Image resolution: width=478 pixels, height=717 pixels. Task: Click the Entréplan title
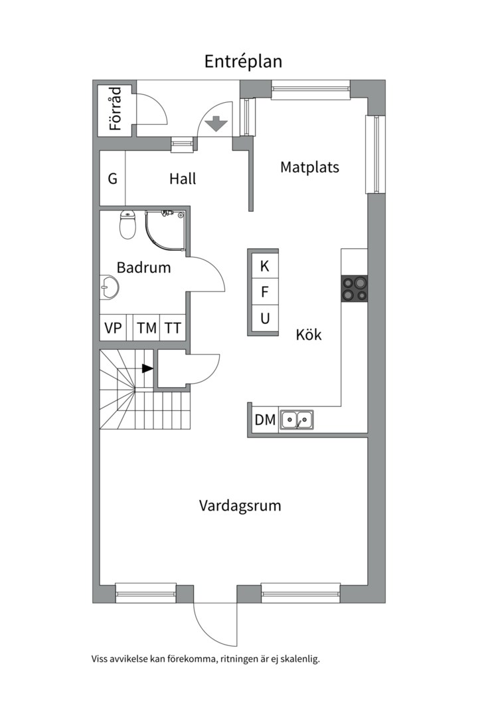point(243,62)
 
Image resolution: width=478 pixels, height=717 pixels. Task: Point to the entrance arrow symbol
point(216,123)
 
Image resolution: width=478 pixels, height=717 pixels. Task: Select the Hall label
point(183,179)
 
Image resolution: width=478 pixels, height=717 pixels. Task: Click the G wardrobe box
point(112,179)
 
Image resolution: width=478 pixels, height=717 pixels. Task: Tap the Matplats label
point(309,167)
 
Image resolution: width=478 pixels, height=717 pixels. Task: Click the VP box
point(113,328)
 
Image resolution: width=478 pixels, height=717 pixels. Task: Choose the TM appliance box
point(147,328)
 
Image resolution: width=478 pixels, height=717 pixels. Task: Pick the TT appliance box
point(173,328)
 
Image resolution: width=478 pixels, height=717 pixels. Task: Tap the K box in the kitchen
point(264,266)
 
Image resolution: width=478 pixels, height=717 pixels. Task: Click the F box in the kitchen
point(264,292)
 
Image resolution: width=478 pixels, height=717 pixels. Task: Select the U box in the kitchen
point(264,319)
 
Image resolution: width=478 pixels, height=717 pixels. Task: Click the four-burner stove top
point(355,289)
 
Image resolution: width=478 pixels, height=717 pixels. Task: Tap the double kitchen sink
point(297,420)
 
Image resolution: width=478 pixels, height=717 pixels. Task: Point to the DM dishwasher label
point(265,420)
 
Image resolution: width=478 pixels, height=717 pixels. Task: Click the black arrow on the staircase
point(147,368)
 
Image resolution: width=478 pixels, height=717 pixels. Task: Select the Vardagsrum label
point(240,506)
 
